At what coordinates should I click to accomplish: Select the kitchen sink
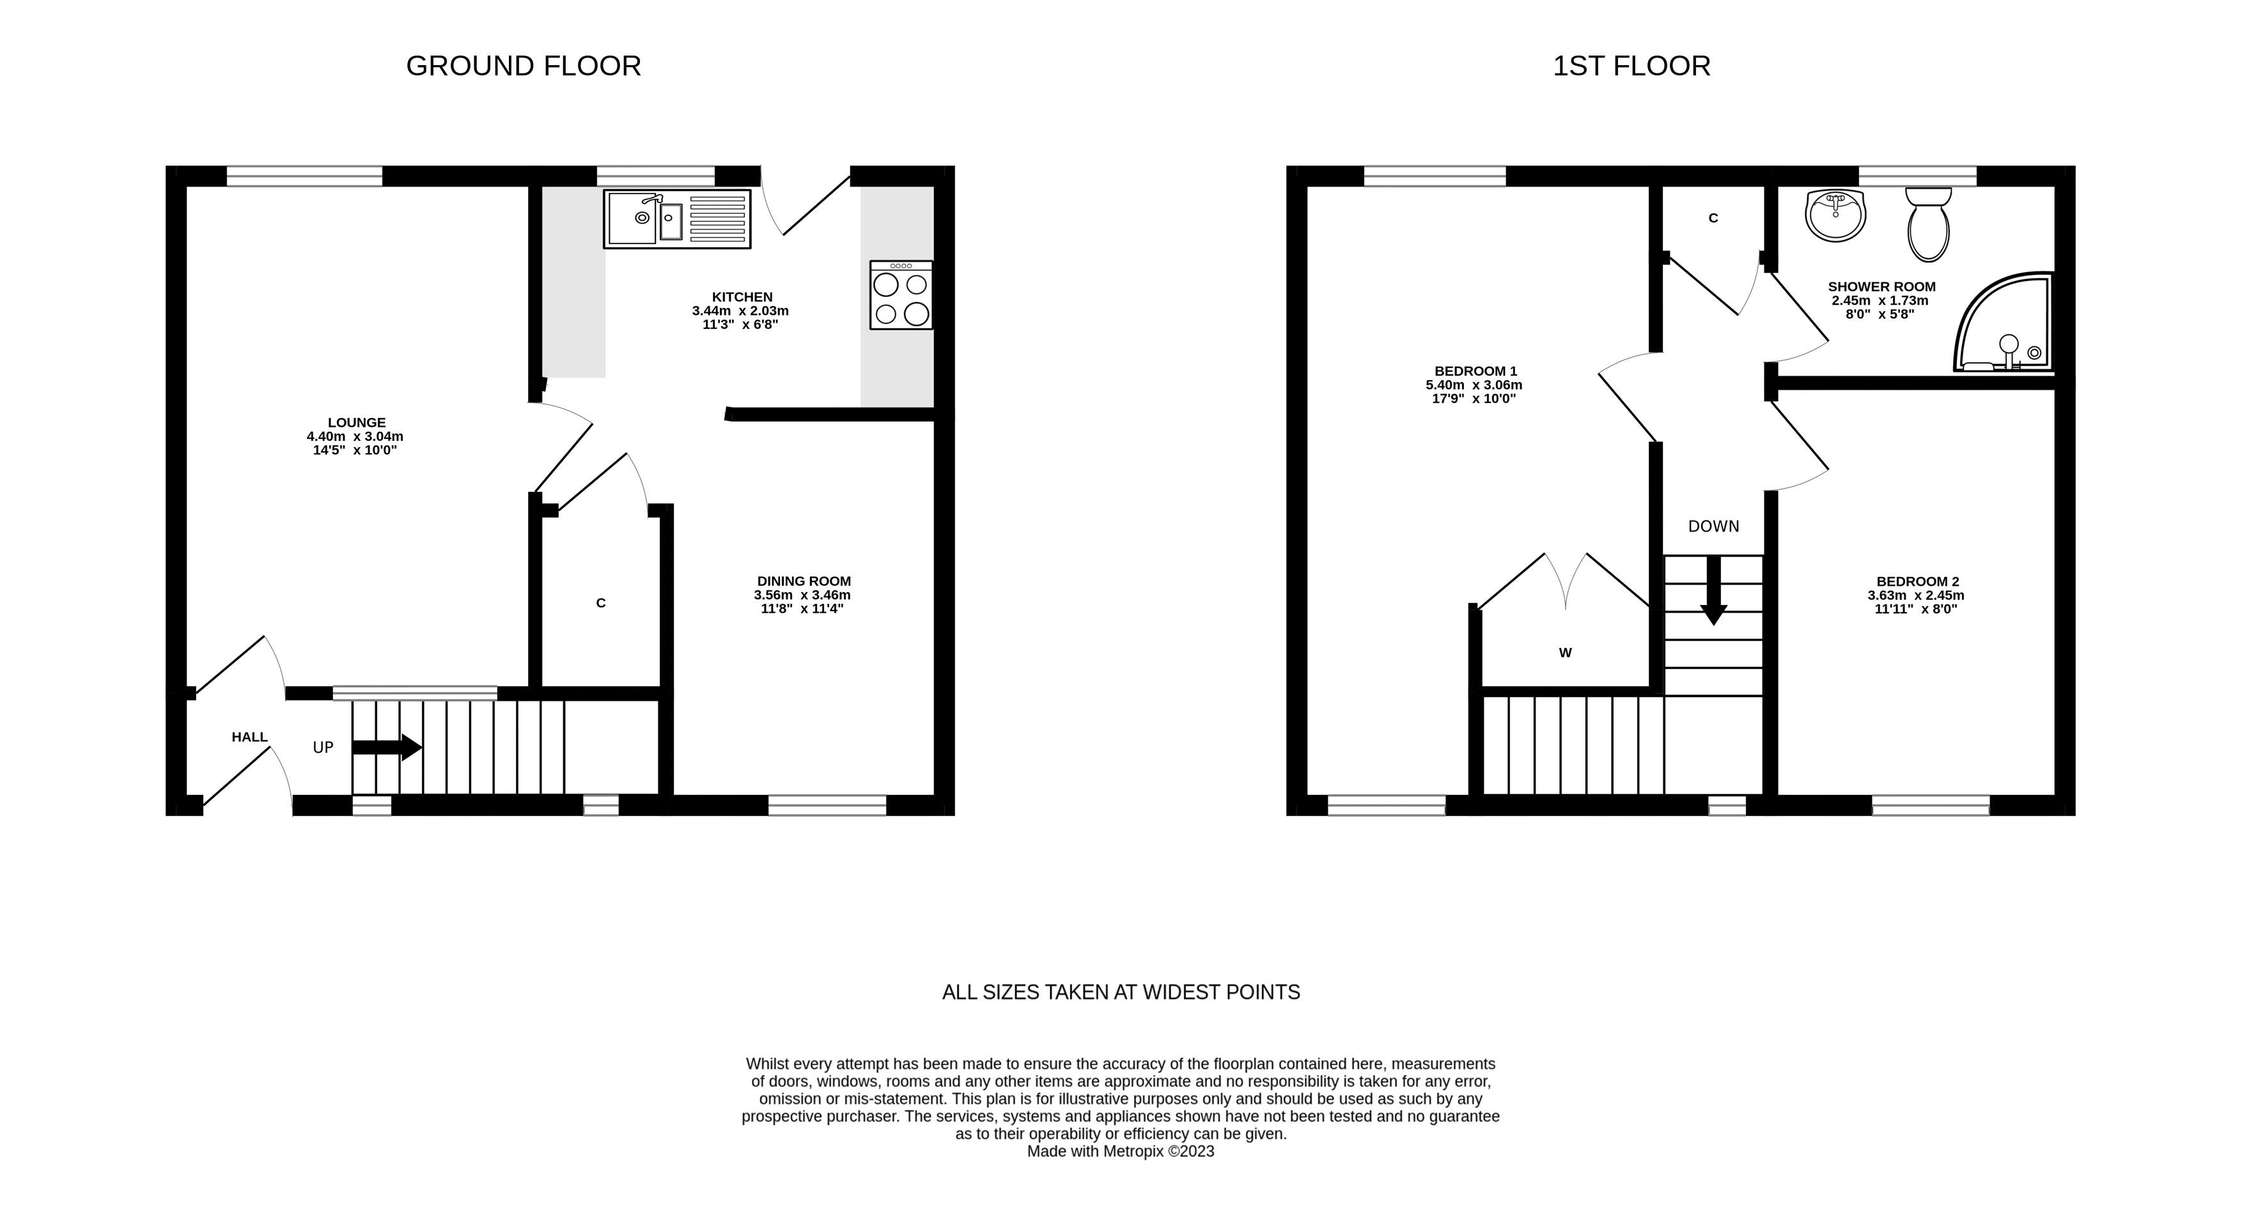677,219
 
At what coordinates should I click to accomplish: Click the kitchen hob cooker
901,295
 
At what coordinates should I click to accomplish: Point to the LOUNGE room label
357,423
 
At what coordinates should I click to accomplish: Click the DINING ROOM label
804,581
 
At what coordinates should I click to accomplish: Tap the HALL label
250,737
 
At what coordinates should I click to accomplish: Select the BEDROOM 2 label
1917,582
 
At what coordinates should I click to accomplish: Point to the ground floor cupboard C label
600,603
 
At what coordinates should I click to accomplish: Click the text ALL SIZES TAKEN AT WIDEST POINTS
1121,993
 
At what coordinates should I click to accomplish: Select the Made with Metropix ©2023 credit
1121,1152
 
